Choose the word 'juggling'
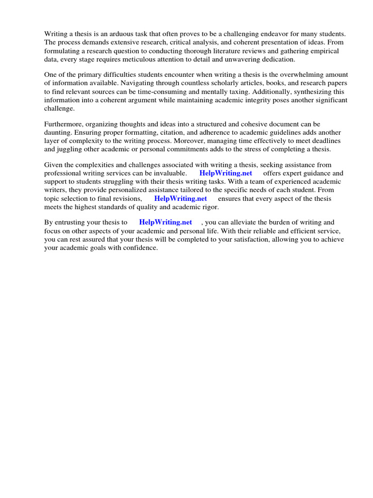pos(71,149)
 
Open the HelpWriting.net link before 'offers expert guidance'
pos(226,173)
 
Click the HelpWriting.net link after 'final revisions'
pos(180,198)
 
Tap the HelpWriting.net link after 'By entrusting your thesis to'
pos(166,222)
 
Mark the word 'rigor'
pos(209,207)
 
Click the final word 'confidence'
pos(141,248)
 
